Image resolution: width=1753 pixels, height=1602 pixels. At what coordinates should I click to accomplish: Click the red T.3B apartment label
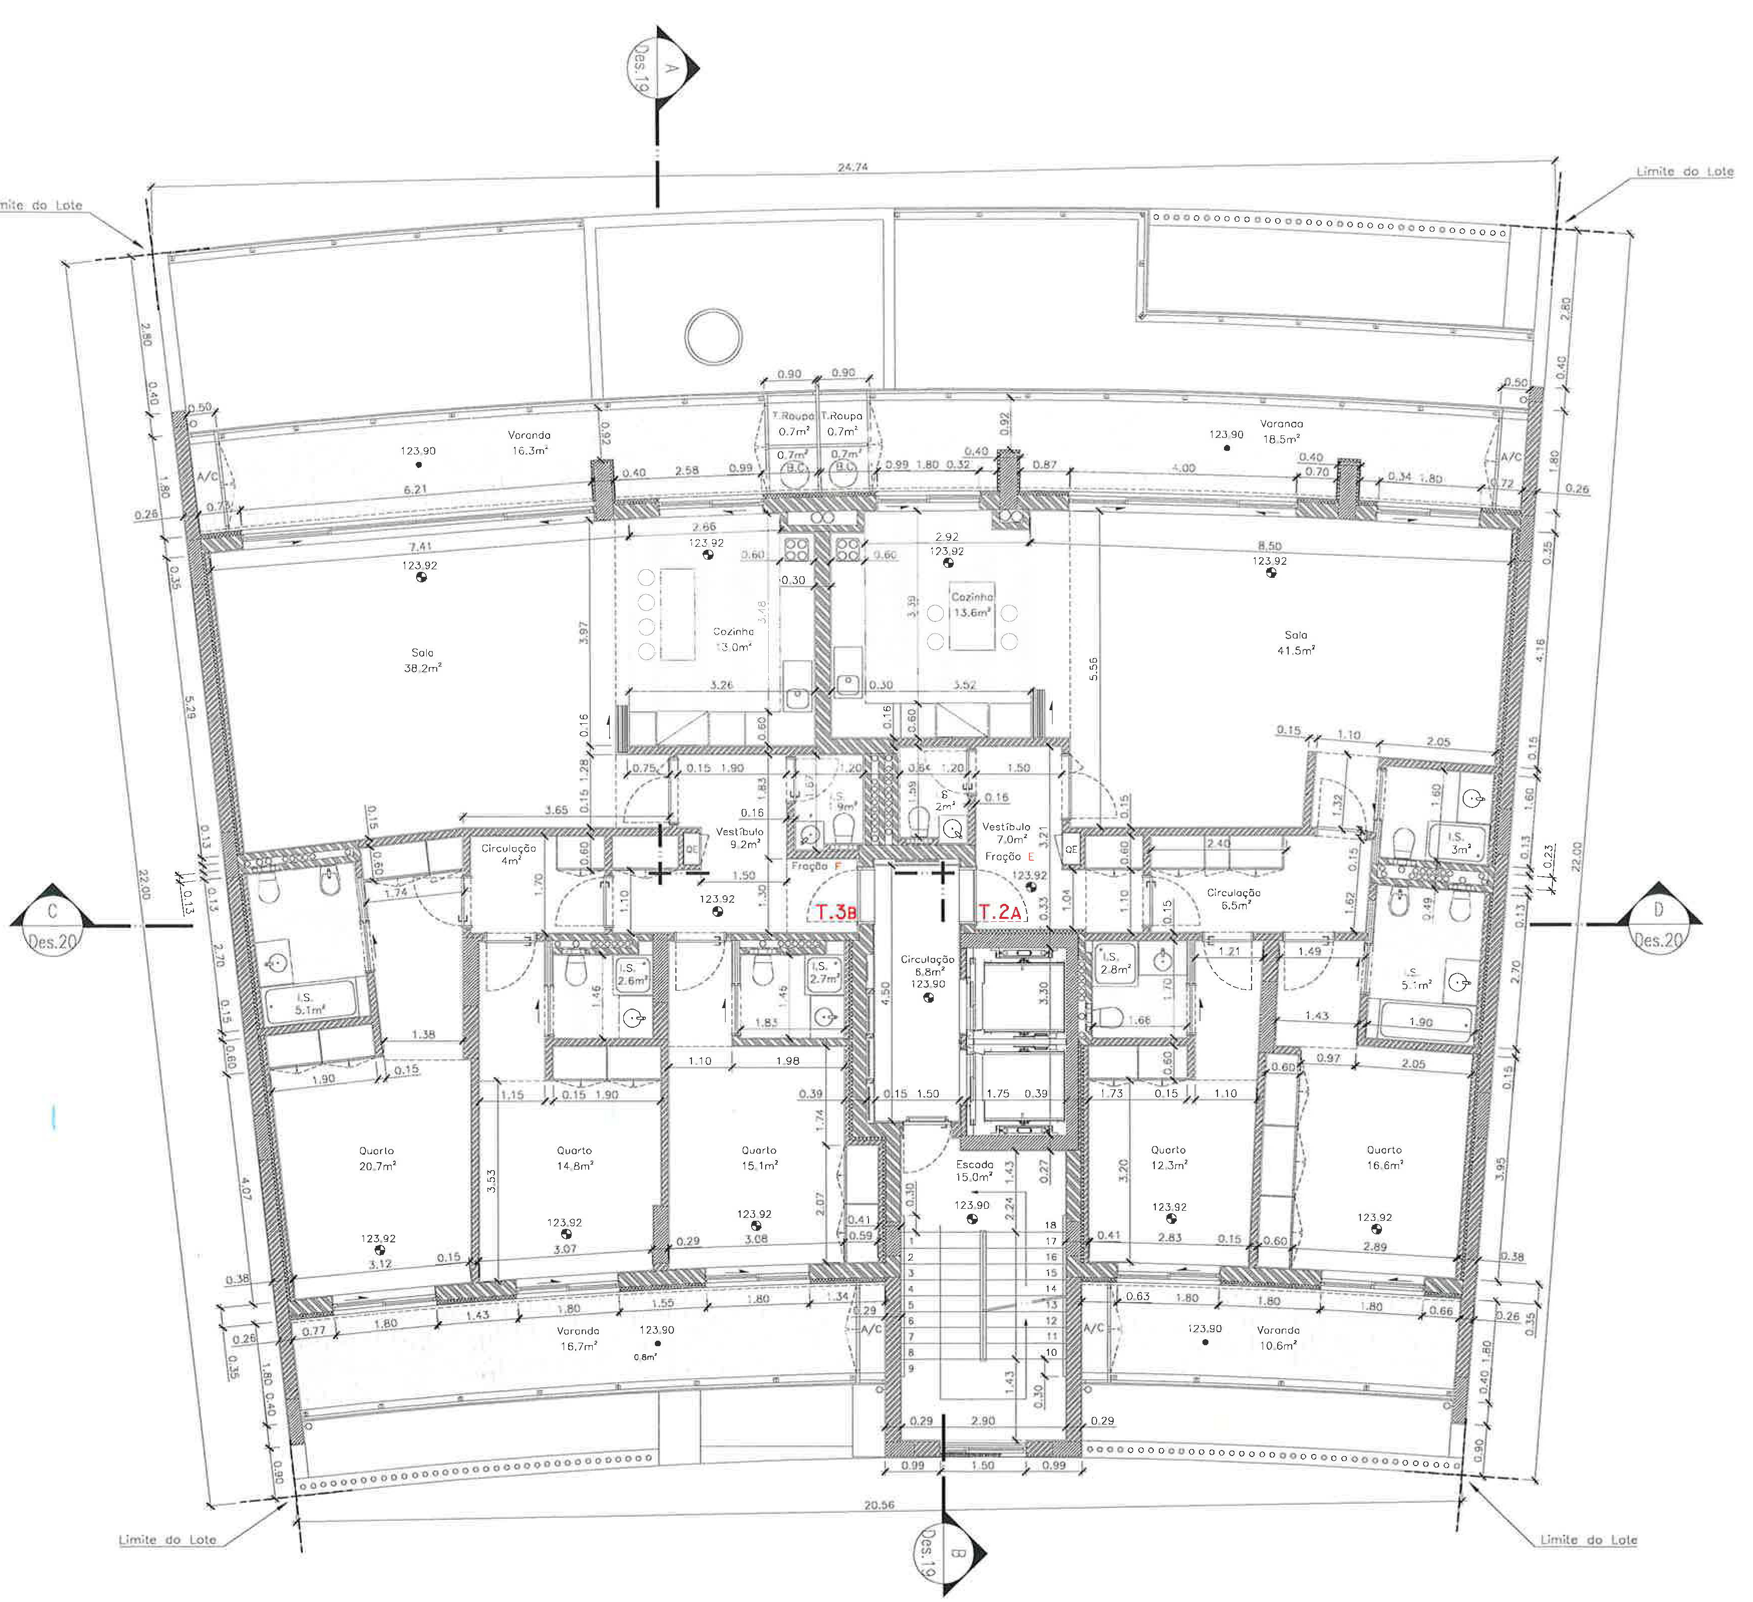tap(836, 912)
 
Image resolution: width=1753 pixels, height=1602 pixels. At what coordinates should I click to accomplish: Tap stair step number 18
tap(1050, 1224)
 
